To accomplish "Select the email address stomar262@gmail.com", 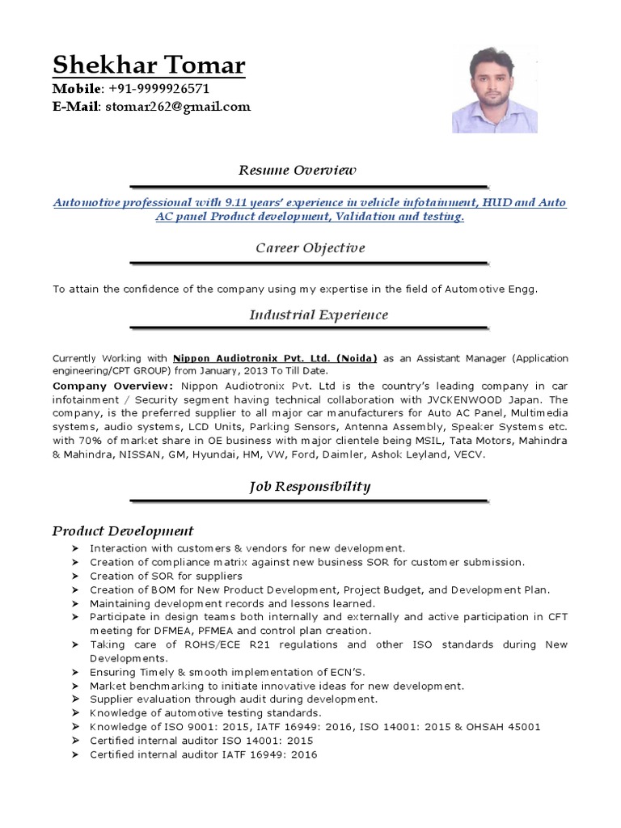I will (175, 106).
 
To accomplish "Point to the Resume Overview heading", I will (297, 171).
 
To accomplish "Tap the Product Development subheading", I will (123, 530).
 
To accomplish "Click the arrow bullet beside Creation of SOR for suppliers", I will (74, 576).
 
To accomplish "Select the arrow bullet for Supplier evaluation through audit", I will (74, 699).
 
